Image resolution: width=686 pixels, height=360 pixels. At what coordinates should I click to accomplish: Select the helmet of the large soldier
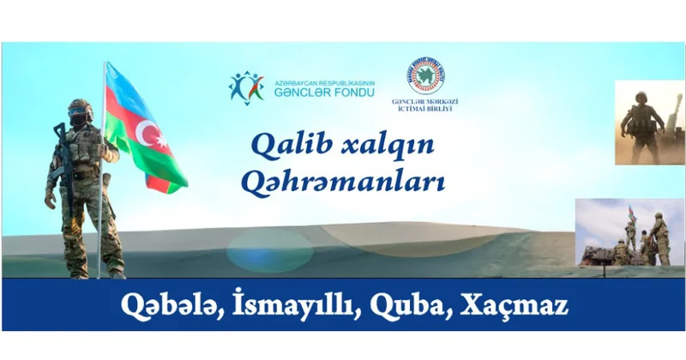click(80, 108)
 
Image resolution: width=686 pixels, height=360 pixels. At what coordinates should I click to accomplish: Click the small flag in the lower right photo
click(632, 212)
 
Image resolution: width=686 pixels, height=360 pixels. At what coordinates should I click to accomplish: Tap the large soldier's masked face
click(80, 119)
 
